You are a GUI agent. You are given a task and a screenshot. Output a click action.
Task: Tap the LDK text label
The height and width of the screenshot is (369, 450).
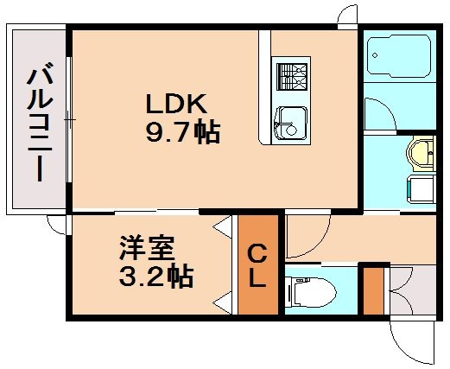pyautogui.click(x=174, y=105)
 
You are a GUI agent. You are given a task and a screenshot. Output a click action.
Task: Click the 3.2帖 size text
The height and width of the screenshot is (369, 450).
pyautogui.click(x=155, y=277)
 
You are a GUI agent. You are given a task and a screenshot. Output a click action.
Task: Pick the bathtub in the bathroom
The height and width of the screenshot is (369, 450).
pyautogui.click(x=399, y=58)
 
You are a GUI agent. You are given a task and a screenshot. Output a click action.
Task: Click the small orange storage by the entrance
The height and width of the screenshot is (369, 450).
pyautogui.click(x=371, y=291)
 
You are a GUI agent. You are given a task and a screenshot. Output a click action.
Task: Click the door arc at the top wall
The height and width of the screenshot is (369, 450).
pyautogui.click(x=347, y=16)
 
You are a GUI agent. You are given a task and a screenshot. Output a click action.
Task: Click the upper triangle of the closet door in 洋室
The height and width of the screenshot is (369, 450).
pyautogui.click(x=225, y=228)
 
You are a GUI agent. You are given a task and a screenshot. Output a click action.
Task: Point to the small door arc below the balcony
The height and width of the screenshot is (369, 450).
pyautogui.click(x=57, y=225)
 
